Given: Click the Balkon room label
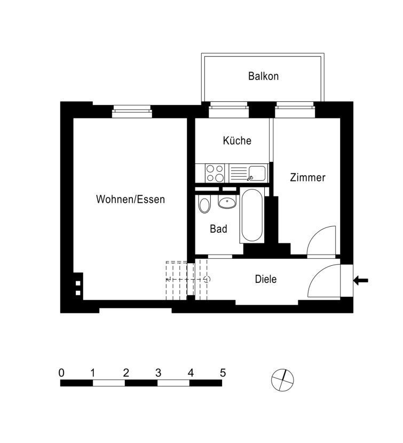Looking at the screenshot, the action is [263, 76].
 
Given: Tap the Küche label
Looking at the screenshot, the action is [237, 140].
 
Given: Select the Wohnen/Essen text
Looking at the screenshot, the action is [130, 200].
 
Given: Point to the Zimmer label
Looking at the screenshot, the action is [308, 177].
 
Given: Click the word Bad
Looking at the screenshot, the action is [218, 229].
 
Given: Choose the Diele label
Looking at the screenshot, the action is [266, 279].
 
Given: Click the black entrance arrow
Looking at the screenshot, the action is [361, 281].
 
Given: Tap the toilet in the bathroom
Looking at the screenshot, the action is [204, 204].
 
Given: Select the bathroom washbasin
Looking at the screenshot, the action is [227, 202].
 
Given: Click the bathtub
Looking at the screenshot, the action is [252, 215].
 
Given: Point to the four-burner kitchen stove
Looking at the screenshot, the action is [215, 173].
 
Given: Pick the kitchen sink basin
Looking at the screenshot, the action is [257, 173].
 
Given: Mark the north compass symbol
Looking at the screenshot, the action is [282, 380].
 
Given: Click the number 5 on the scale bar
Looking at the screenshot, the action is [223, 373].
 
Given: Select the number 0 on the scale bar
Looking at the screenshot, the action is [61, 373].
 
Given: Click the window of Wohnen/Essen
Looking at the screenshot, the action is [132, 112].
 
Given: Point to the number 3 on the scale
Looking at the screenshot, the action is [158, 373].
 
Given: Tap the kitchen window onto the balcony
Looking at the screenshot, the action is [228, 109].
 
